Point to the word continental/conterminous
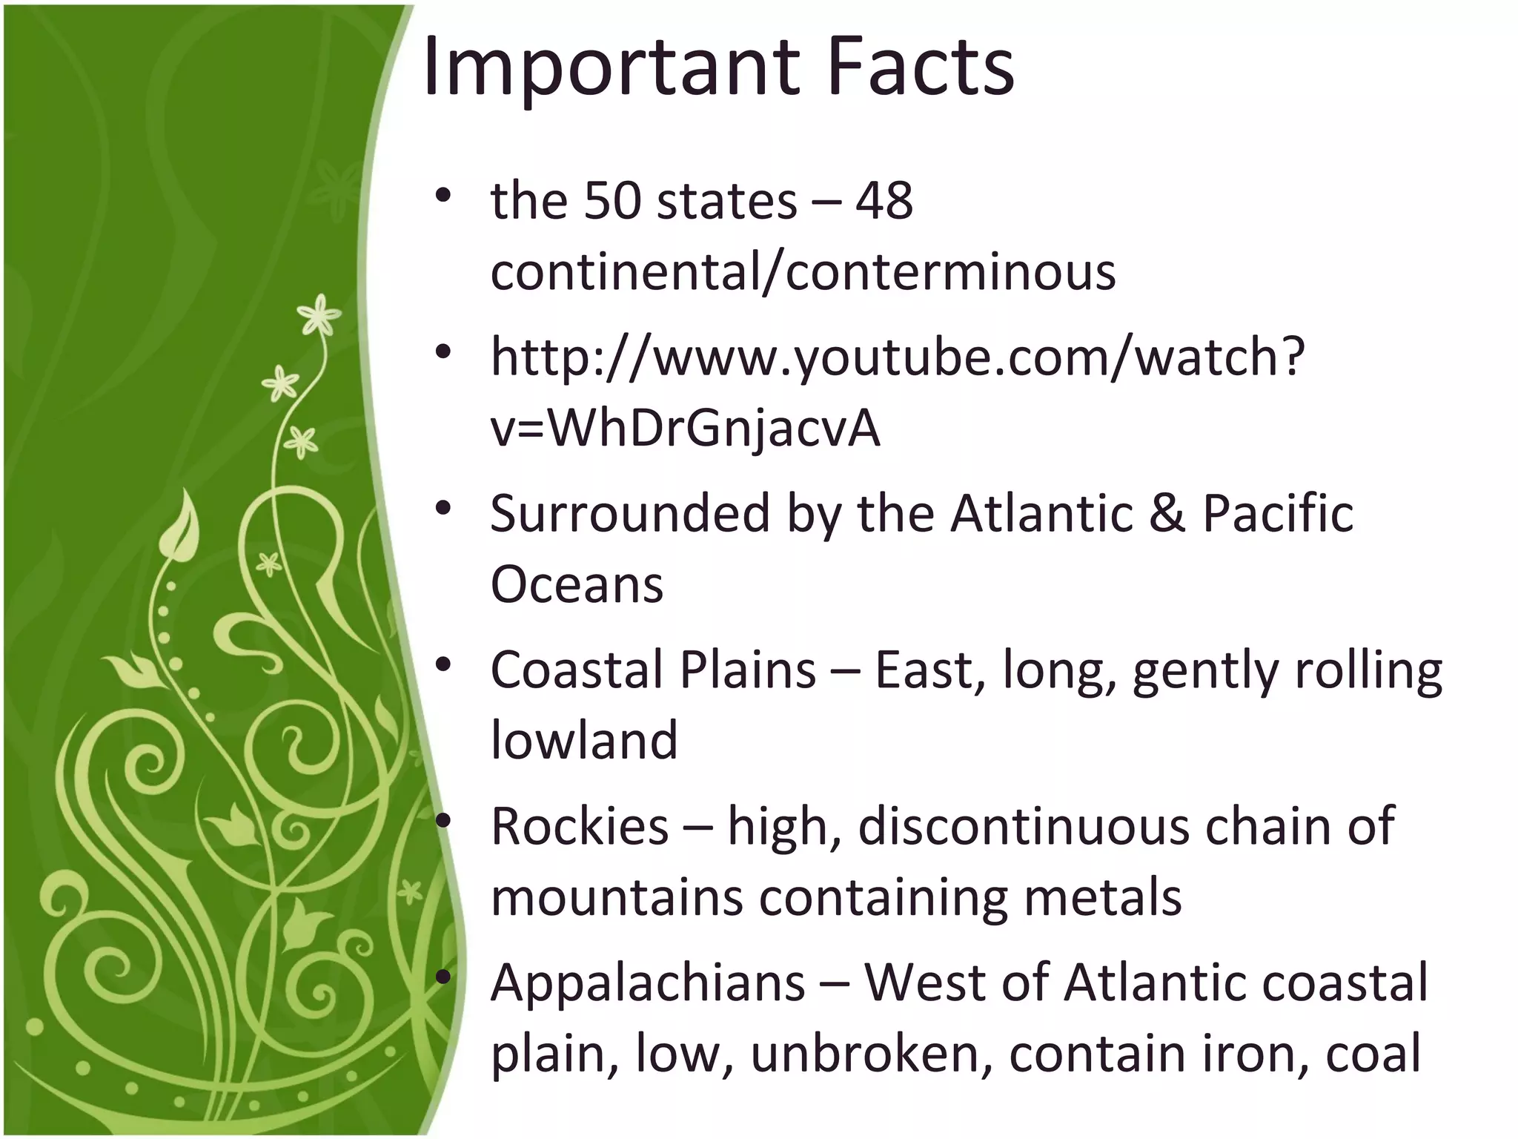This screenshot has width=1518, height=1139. click(803, 271)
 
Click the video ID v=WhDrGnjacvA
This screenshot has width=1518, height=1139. click(685, 429)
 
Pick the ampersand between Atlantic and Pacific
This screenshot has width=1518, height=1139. click(1167, 513)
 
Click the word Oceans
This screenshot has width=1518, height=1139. click(577, 585)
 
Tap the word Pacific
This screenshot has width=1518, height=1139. click(1278, 513)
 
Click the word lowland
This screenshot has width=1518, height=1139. click(584, 740)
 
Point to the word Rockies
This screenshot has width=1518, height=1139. click(580, 826)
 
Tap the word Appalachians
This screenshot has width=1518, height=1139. click(648, 983)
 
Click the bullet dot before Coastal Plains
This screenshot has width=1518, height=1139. click(443, 665)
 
